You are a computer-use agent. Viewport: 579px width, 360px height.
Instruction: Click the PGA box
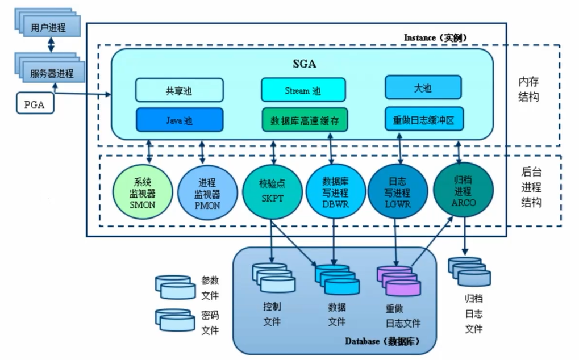(35, 104)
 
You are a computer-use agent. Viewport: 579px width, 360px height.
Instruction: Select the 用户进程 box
(48, 27)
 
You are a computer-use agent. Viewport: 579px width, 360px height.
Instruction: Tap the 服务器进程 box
(52, 73)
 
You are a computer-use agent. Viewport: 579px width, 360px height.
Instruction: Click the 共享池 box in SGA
(179, 90)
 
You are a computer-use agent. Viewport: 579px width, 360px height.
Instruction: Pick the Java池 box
(179, 120)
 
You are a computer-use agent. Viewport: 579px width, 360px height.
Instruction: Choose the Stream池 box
(303, 90)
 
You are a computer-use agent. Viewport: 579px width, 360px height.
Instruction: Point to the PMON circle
(207, 193)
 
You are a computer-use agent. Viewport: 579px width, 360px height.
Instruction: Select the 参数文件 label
(210, 288)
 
